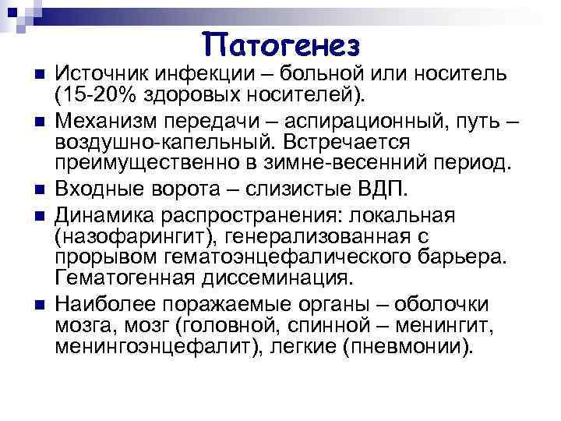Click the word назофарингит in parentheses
pyautogui.click(x=122, y=235)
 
